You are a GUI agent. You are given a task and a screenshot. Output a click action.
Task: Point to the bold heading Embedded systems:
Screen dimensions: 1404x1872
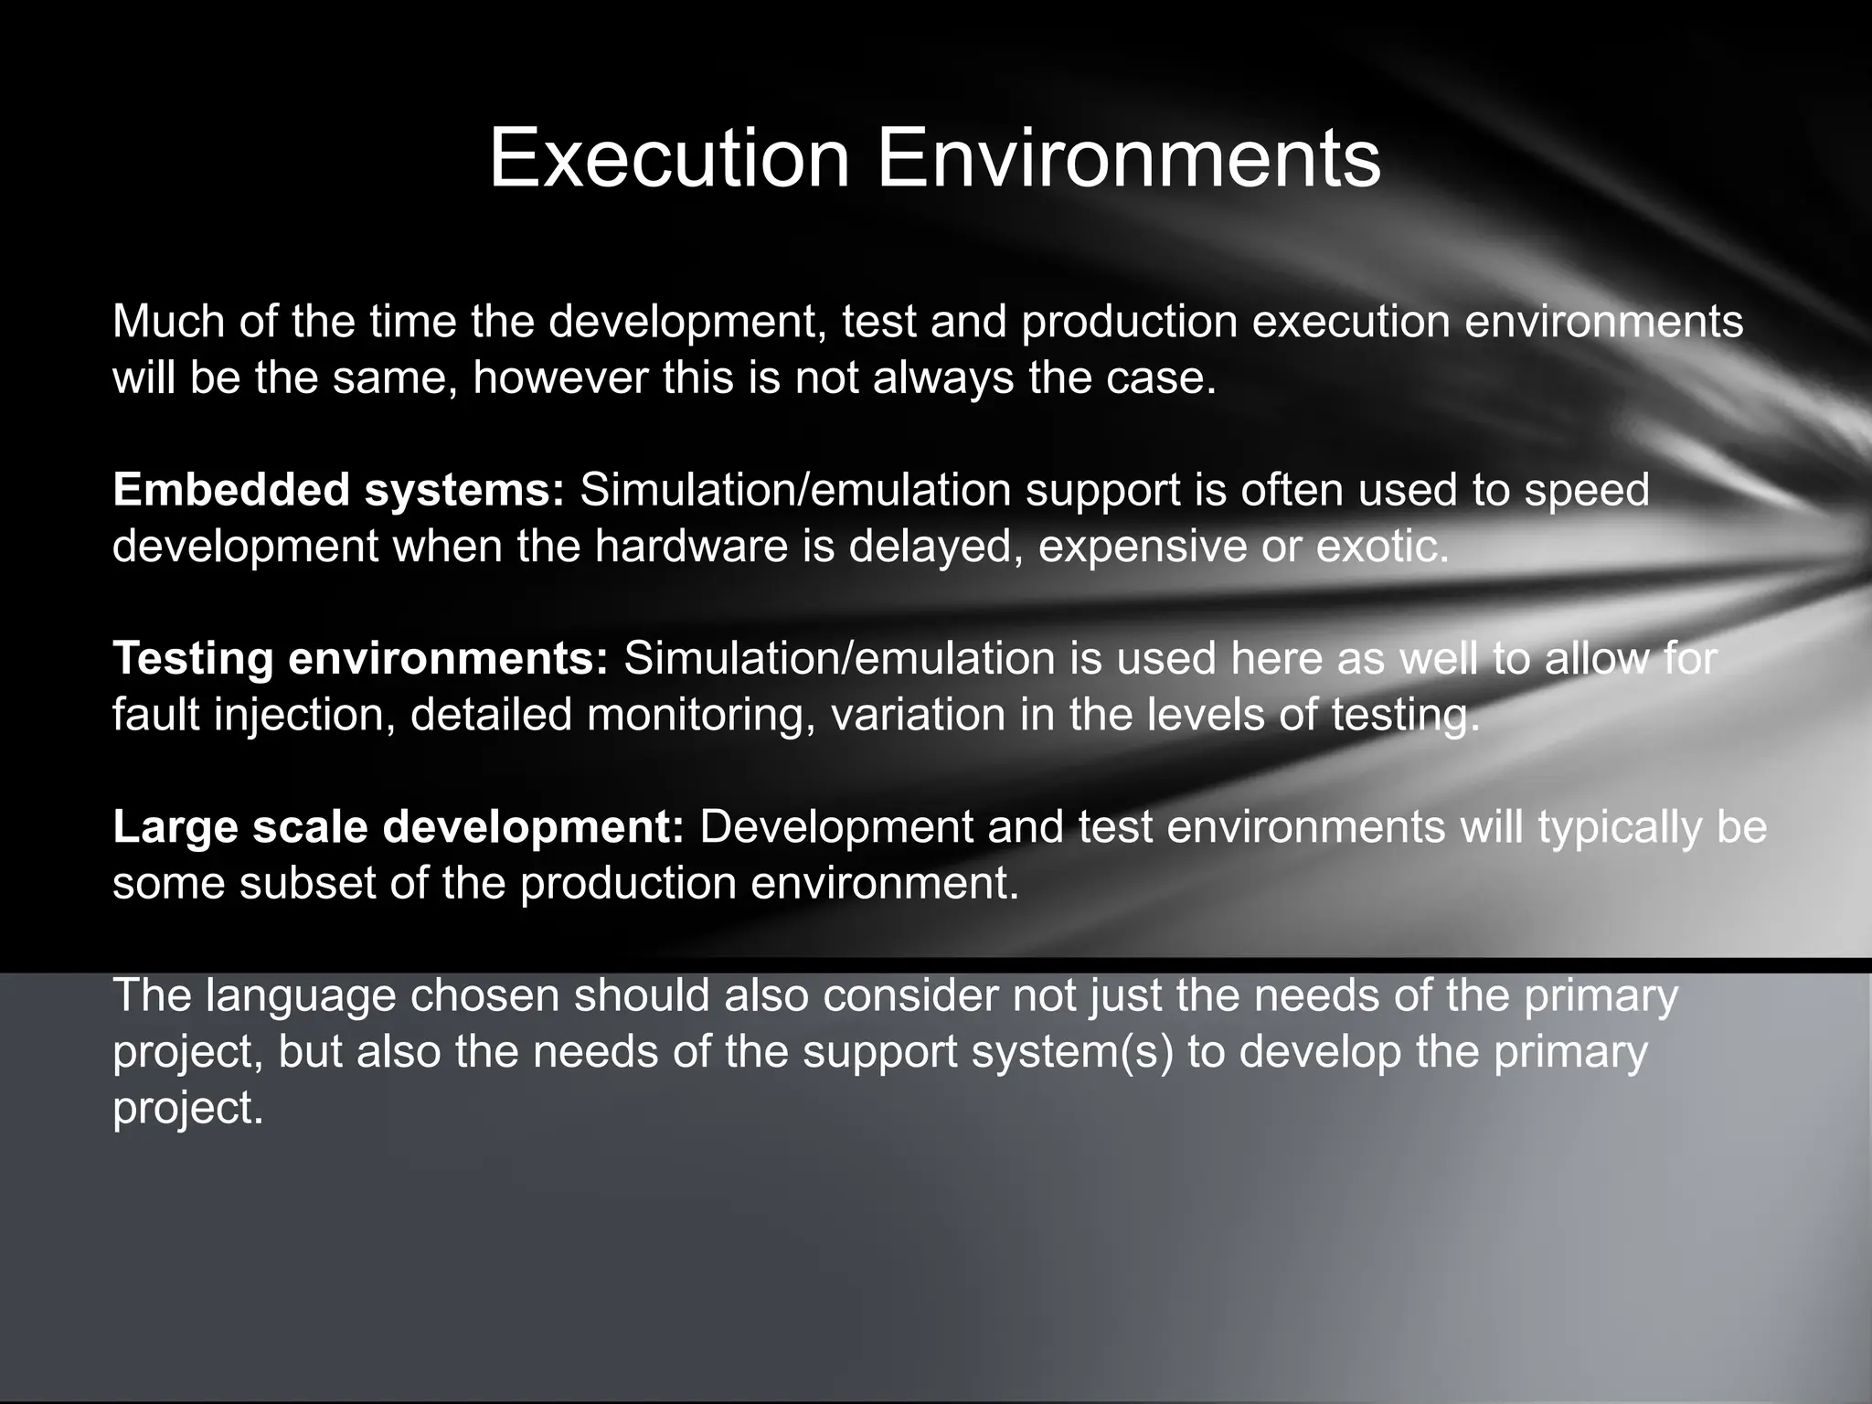coord(339,490)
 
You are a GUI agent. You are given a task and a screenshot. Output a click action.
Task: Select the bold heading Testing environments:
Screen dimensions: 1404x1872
coord(360,659)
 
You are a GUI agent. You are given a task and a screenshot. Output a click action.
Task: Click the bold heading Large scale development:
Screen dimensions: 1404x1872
coord(399,827)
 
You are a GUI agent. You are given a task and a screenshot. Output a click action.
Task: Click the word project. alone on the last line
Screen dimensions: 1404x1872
coord(187,1109)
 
